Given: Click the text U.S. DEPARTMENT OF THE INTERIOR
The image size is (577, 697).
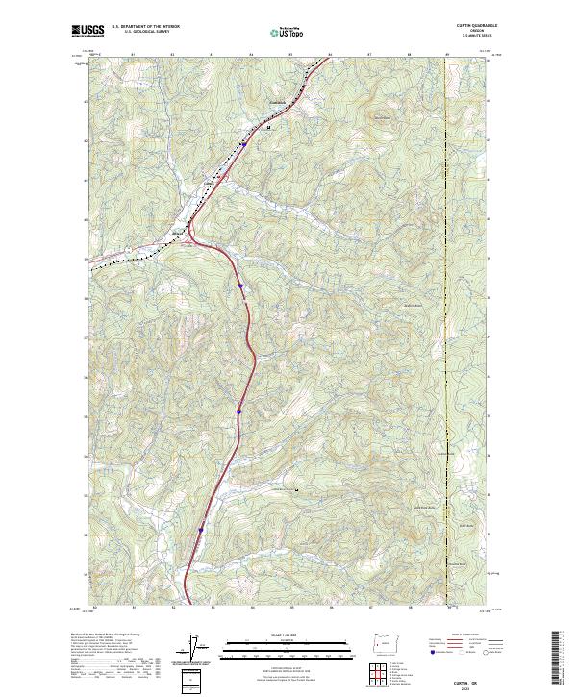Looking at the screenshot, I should (145, 27).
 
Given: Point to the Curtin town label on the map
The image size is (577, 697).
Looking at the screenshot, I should (209, 177).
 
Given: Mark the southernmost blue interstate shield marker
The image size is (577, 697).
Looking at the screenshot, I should (201, 529).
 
